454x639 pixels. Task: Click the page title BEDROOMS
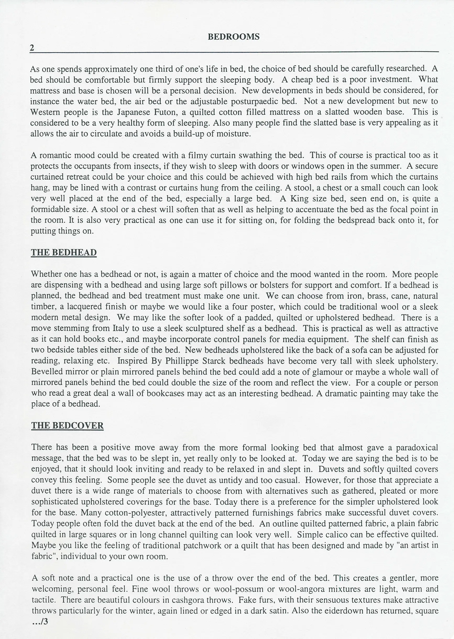pyautogui.click(x=233, y=37)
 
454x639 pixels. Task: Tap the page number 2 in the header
pyautogui.click(x=32, y=48)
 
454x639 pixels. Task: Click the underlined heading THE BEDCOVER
pyautogui.click(x=67, y=425)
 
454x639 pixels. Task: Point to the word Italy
pyautogui.click(x=121, y=329)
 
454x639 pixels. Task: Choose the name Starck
pyautogui.click(x=214, y=361)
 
